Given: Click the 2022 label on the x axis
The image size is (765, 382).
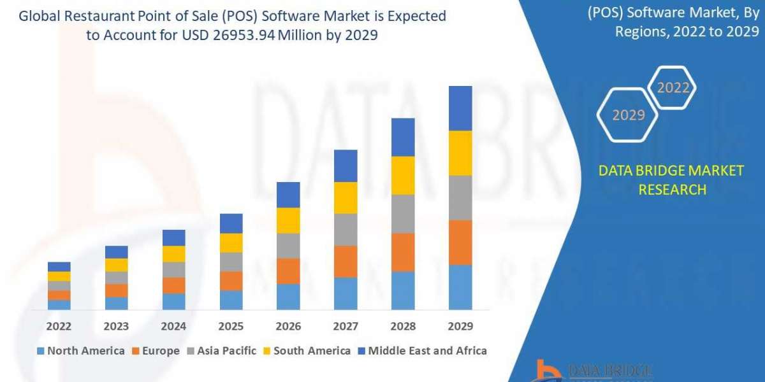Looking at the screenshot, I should [x=59, y=326].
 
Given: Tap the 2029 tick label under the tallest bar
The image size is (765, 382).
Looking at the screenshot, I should [x=460, y=326].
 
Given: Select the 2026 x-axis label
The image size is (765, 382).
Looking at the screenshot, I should [x=288, y=326].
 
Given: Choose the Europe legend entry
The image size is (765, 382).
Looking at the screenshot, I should [x=156, y=351].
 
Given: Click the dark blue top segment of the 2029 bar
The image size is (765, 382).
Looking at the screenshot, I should [x=460, y=108].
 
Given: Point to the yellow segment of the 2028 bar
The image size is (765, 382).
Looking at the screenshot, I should [x=403, y=175].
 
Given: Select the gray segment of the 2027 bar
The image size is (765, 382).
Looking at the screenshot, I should [x=346, y=229].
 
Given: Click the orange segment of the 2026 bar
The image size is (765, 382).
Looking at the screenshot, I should [x=288, y=271].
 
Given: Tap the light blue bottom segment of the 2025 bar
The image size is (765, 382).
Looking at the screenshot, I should [x=231, y=300].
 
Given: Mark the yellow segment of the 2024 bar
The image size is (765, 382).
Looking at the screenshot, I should [x=173, y=253].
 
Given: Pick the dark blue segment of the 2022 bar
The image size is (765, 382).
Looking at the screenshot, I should [x=59, y=266].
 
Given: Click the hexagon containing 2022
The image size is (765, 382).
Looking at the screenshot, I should [x=672, y=88].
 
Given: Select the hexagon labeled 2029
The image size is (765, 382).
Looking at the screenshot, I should [x=627, y=115].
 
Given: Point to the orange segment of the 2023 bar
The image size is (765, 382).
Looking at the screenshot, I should [x=116, y=290].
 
